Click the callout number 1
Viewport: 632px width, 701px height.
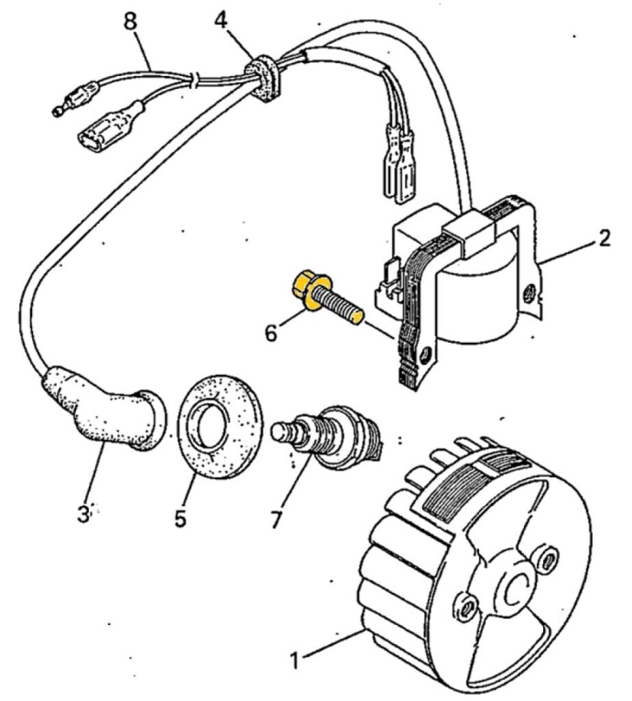point(294,662)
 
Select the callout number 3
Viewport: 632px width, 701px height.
point(83,513)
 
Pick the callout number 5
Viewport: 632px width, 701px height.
point(180,518)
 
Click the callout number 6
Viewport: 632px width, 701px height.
point(272,333)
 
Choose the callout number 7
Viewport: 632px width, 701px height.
point(276,519)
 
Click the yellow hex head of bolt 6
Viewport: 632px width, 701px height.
point(304,288)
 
